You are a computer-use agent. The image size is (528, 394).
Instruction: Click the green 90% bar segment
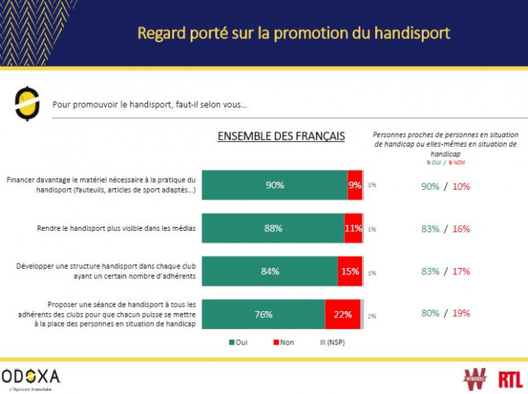[x=274, y=185]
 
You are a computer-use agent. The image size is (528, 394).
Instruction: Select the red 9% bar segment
[x=355, y=185]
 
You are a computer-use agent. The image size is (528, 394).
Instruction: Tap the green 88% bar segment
[x=273, y=228]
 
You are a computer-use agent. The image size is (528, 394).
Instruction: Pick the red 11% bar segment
[x=353, y=228]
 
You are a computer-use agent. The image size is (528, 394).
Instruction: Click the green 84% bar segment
[x=269, y=271]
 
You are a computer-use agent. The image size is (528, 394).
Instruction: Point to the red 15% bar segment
[x=350, y=271]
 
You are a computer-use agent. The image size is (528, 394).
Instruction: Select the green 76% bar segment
[x=263, y=315]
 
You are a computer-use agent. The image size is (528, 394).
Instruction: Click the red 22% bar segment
[x=343, y=315]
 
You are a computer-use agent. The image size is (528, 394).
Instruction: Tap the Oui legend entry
[x=237, y=342]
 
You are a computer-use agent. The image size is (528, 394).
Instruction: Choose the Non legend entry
[x=283, y=342]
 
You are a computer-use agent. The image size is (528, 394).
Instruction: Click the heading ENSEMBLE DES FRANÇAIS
[x=281, y=136]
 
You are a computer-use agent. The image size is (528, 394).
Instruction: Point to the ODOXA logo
[x=31, y=376]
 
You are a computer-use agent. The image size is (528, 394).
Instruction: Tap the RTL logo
[x=510, y=378]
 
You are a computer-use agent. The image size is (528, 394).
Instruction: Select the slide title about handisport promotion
[x=293, y=33]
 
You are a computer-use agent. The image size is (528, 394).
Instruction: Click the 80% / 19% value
[x=446, y=315]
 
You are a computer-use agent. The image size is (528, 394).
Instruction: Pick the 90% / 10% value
[x=446, y=186]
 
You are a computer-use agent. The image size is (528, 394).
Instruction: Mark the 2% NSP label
[x=372, y=316]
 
